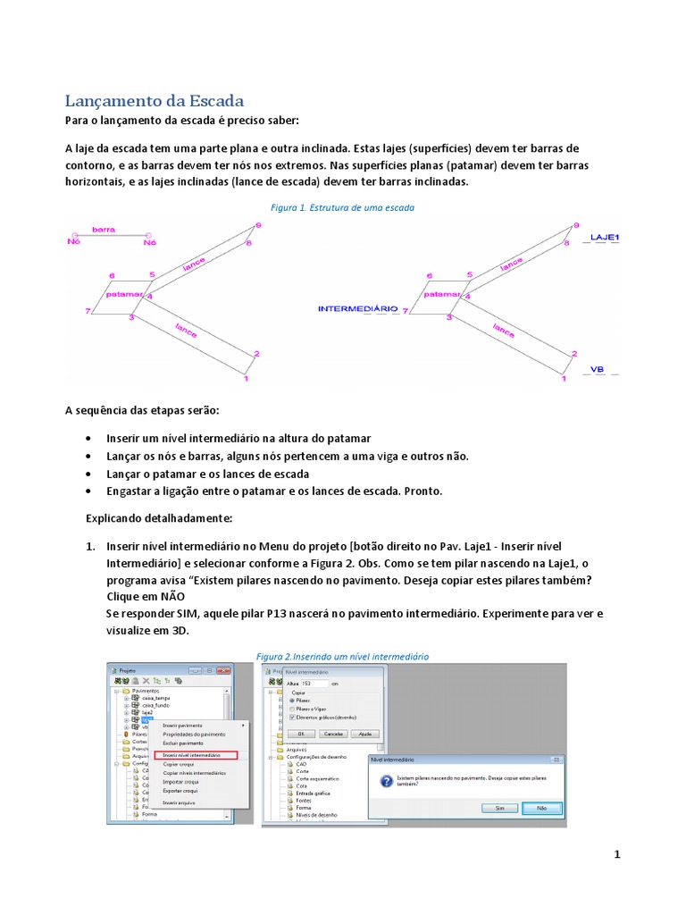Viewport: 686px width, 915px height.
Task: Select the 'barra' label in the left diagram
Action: pos(103,230)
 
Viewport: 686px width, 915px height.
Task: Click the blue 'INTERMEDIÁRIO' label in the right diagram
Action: pos(358,308)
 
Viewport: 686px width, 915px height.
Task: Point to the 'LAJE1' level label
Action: pos(605,238)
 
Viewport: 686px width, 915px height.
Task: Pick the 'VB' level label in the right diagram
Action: pos(598,369)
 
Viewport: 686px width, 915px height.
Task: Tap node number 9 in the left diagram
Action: pos(258,226)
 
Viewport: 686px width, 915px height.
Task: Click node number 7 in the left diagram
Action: pos(88,311)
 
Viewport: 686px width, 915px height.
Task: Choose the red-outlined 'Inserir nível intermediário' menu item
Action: pos(194,755)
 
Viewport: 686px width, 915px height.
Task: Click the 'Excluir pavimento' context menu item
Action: pos(183,743)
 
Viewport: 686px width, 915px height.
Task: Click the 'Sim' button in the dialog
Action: pos(499,808)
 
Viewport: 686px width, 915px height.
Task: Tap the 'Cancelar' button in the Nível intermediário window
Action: pos(333,733)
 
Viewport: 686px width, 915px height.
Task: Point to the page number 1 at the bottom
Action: pos(616,854)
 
